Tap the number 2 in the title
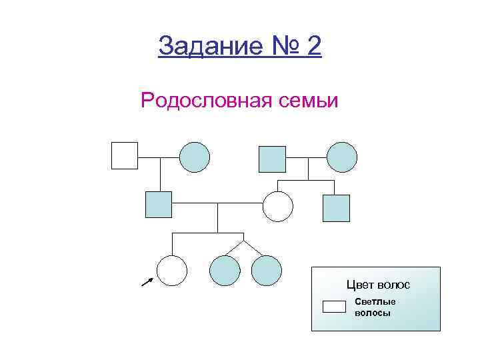click(x=313, y=46)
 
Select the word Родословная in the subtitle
click(x=201, y=101)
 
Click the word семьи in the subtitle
click(x=306, y=101)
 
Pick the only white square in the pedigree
click(x=124, y=155)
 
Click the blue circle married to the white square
click(x=195, y=157)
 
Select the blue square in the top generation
click(x=271, y=159)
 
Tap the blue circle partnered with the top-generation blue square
click(x=342, y=157)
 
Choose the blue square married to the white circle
click(x=159, y=204)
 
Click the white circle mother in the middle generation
click(x=278, y=205)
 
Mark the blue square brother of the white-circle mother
click(x=336, y=207)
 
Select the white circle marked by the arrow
click(x=171, y=271)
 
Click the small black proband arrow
click(x=147, y=283)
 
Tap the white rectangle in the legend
click(x=334, y=307)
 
